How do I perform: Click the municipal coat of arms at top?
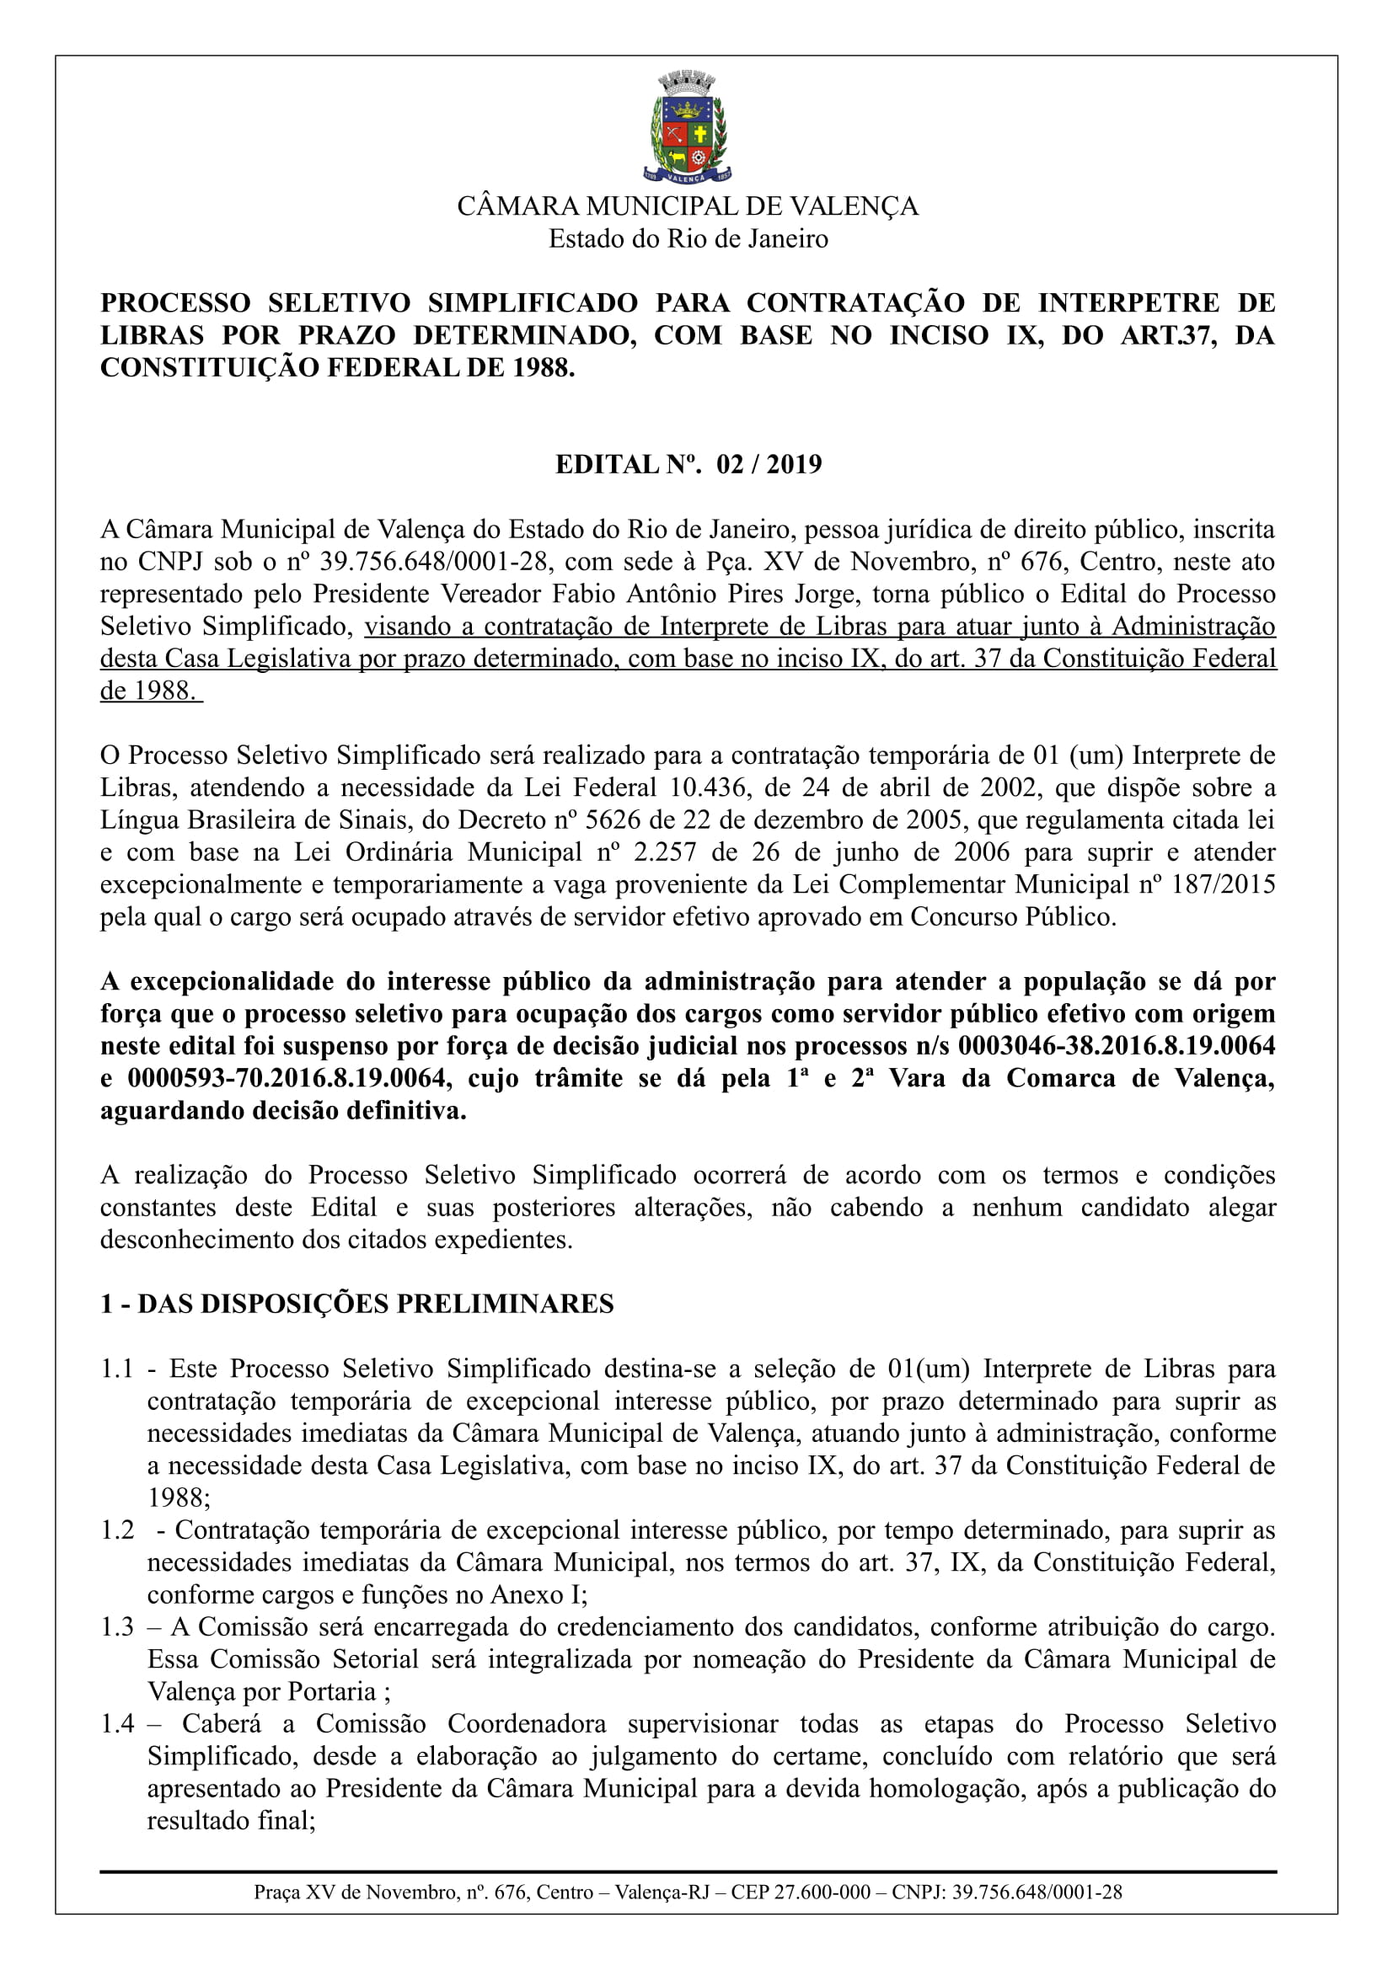[688, 128]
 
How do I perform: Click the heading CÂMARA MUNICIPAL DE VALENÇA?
[688, 207]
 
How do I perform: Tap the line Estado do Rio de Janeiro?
[688, 238]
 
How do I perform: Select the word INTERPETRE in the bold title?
[1128, 303]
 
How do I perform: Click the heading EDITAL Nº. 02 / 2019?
[688, 464]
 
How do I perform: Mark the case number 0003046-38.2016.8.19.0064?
[1116, 1046]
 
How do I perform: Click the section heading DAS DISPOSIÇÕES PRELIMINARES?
[375, 1304]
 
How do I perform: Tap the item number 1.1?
[117, 1369]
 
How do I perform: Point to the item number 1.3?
[117, 1627]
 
